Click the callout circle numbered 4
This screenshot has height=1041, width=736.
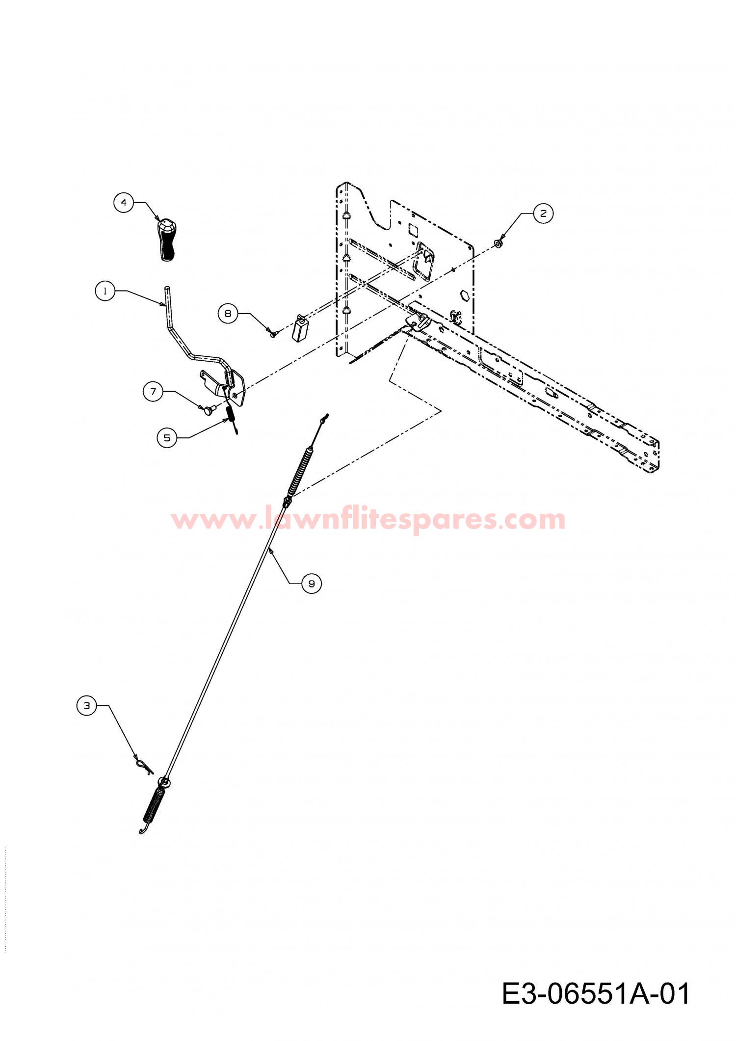124,202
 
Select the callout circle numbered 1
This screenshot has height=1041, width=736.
105,291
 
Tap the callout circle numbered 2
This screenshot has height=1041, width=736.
543,214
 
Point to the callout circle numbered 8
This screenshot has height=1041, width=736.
228,313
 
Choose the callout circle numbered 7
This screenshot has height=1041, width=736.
153,391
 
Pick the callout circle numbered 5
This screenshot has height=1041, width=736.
167,437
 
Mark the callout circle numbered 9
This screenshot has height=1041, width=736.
312,583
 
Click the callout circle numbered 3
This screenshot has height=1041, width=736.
87,706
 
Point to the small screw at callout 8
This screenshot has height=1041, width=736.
273,333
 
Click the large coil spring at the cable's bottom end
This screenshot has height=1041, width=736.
153,808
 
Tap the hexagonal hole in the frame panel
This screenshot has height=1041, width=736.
463,296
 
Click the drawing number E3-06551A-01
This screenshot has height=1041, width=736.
596,993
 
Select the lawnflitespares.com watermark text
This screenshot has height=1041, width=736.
368,519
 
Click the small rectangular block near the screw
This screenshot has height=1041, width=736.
300,327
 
